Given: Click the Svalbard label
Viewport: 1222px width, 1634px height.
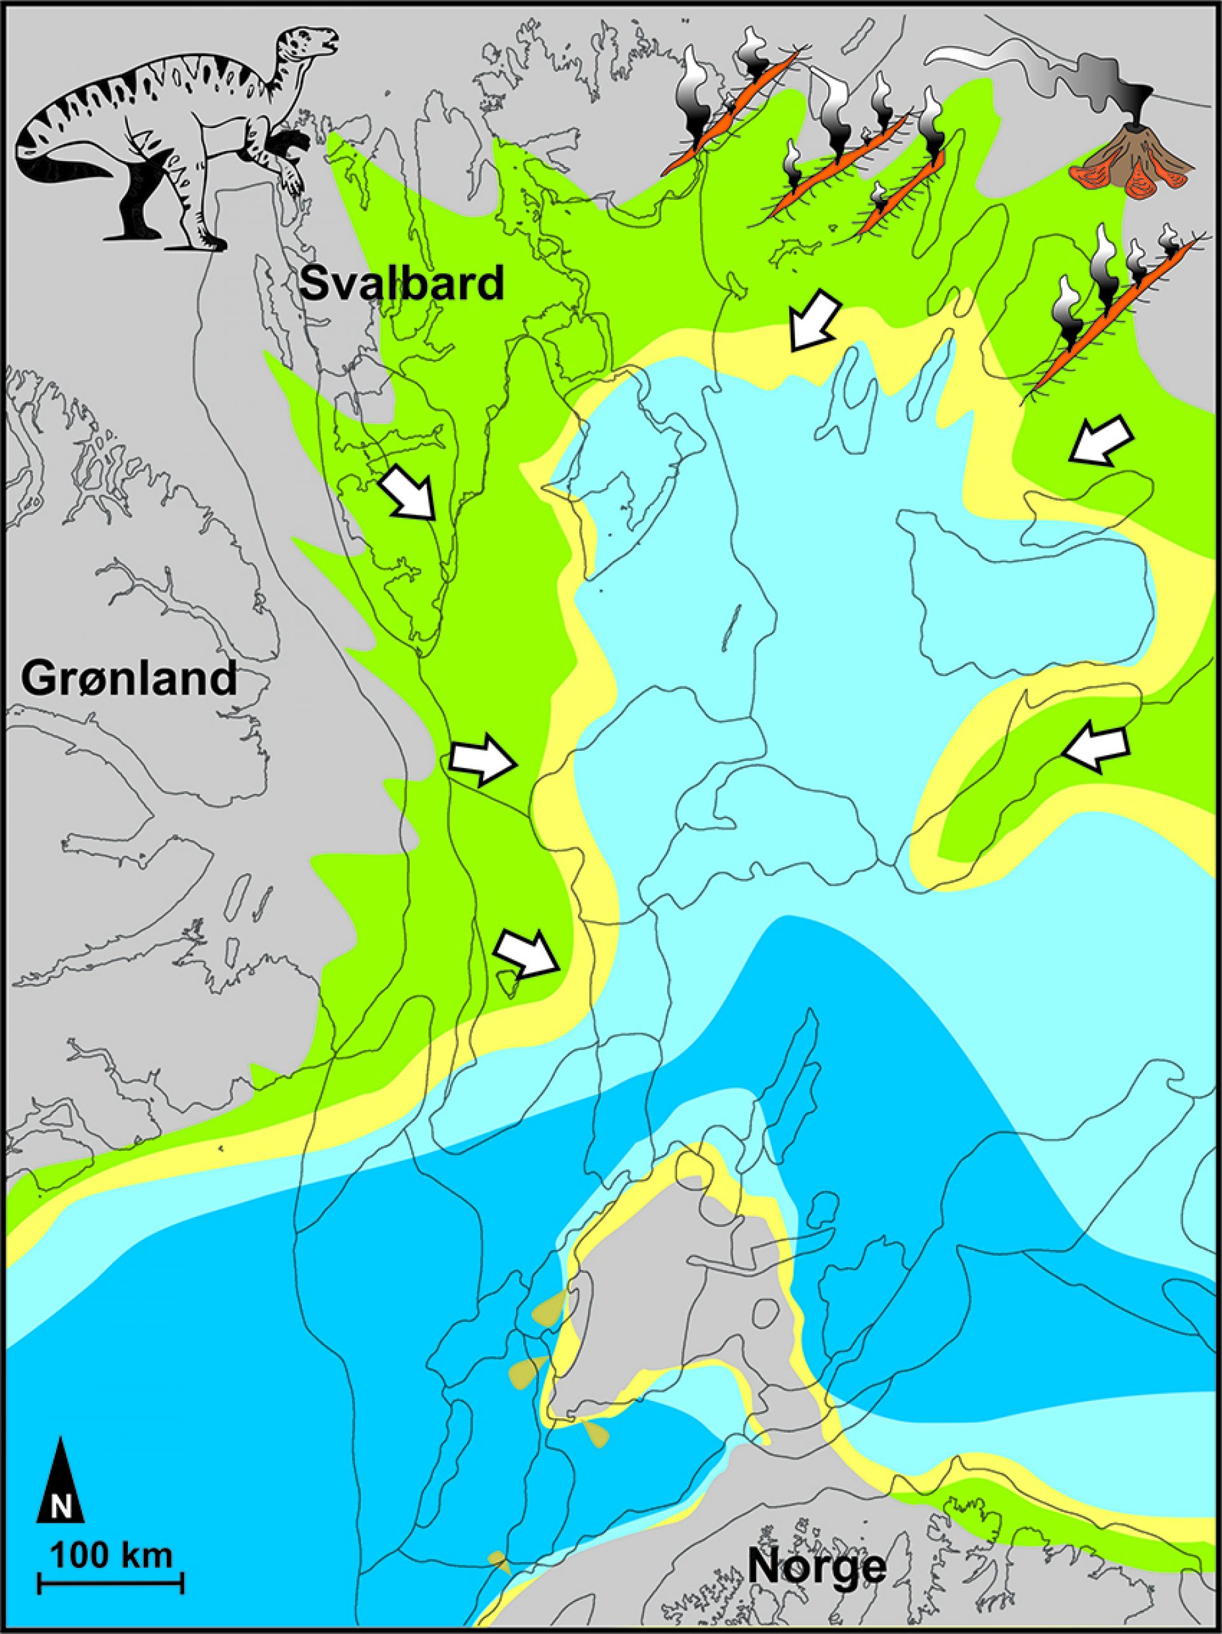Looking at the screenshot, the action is click(402, 283).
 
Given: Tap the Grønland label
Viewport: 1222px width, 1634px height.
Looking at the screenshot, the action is click(129, 678).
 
